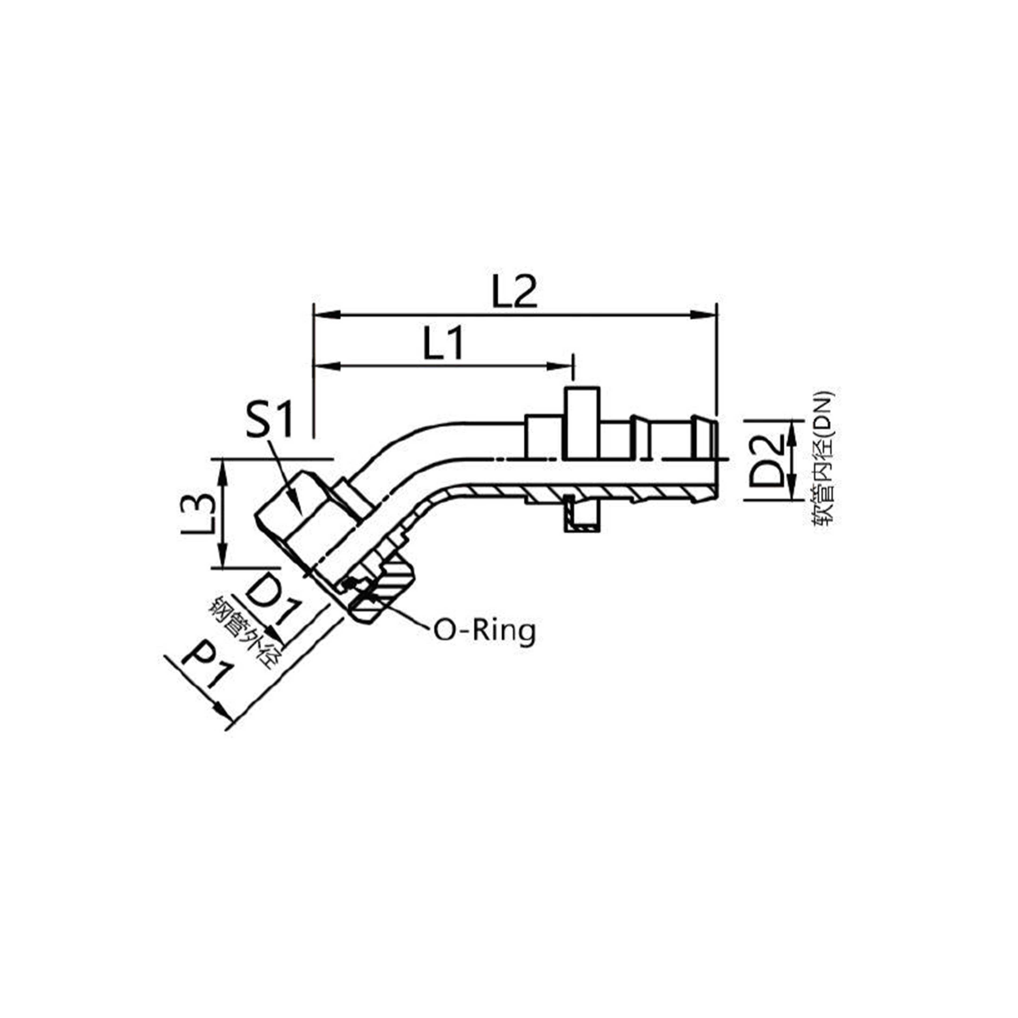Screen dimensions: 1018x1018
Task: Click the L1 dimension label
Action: (444, 343)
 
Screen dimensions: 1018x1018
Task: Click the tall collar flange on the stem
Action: (583, 422)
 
